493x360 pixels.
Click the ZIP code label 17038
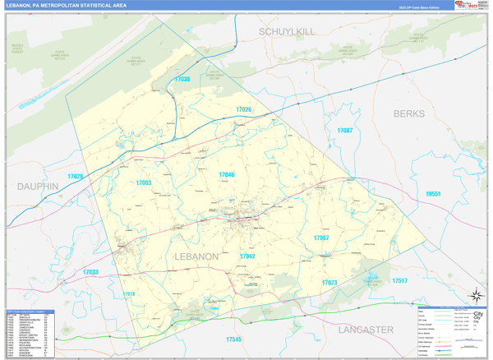coord(182,80)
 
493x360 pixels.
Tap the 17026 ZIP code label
coord(243,109)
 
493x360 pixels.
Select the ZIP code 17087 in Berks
coord(344,131)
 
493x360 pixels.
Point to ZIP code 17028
coord(76,177)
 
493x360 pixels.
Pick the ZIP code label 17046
coord(226,175)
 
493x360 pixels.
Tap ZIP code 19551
coord(433,194)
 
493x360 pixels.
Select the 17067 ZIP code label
coord(321,238)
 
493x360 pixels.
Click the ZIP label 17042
coord(246,256)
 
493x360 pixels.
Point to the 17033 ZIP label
coord(90,272)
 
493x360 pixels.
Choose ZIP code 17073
coord(329,283)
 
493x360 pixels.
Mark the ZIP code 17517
coord(399,281)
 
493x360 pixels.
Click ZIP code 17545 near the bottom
coord(233,339)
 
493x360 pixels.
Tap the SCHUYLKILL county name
coord(287,31)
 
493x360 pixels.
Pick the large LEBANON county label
coord(197,256)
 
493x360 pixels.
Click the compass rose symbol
coord(475,297)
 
